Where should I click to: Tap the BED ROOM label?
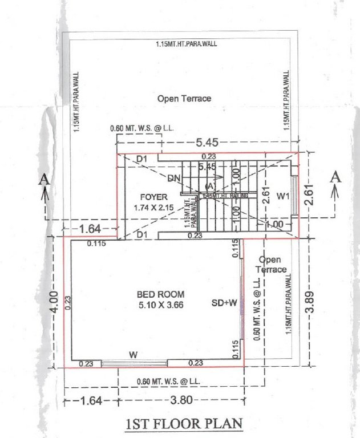[160, 294]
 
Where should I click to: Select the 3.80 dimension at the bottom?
[181, 400]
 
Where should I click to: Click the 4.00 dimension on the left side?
[52, 299]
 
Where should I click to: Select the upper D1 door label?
[142, 158]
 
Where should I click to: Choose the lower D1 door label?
[142, 234]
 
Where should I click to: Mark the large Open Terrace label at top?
[184, 98]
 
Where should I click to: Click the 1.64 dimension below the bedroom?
[91, 400]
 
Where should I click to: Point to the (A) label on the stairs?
[209, 185]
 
